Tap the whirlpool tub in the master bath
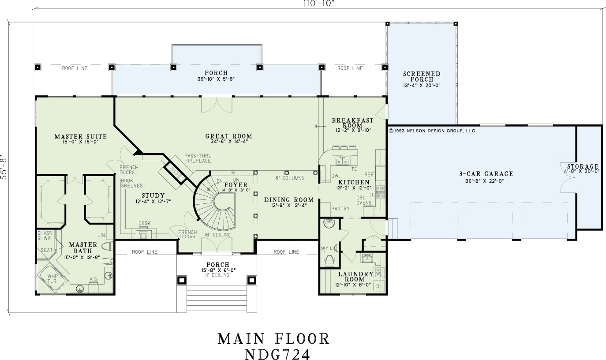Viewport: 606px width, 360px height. point(52,278)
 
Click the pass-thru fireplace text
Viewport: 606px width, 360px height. point(198,158)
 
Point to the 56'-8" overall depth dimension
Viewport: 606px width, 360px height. point(4,167)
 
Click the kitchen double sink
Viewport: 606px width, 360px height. point(342,161)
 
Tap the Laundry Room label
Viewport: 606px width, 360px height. point(355,276)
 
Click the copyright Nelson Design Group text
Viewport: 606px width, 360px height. point(432,131)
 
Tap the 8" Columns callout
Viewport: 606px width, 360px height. point(289,178)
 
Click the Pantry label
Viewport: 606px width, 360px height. point(340,209)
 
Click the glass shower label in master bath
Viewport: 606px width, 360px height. point(45,236)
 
